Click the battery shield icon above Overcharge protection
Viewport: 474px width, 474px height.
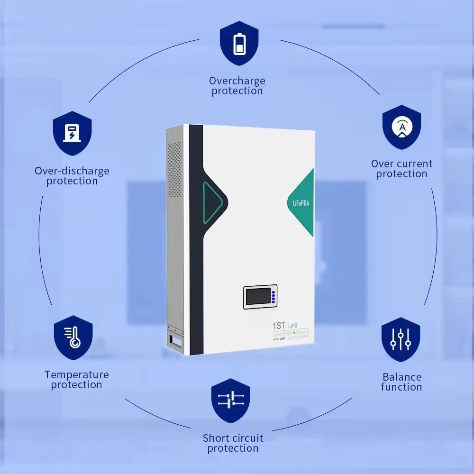pyautogui.click(x=239, y=43)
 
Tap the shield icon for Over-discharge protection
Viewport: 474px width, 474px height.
pyautogui.click(x=72, y=134)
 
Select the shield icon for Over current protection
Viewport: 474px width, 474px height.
pyautogui.click(x=402, y=127)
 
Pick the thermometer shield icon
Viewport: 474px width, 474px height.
pyautogui.click(x=73, y=337)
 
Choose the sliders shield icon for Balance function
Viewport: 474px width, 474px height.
pyautogui.click(x=401, y=339)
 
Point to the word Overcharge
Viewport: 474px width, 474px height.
pyautogui.click(x=237, y=81)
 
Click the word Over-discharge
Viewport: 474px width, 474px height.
pyautogui.click(x=72, y=171)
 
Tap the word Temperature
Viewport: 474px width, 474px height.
pyautogui.click(x=77, y=374)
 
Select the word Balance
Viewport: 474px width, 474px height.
pyautogui.click(x=402, y=377)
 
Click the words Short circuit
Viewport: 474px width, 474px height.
pyautogui.click(x=233, y=438)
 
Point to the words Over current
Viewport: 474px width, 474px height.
pyautogui.click(x=402, y=164)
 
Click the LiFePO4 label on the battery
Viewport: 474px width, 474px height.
pyautogui.click(x=298, y=203)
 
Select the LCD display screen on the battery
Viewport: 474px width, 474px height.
pyautogui.click(x=257, y=297)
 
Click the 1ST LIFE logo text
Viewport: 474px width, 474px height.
pyautogui.click(x=286, y=326)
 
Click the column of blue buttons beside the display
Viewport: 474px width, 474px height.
pyautogui.click(x=273, y=297)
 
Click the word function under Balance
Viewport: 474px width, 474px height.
pyautogui.click(x=402, y=387)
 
